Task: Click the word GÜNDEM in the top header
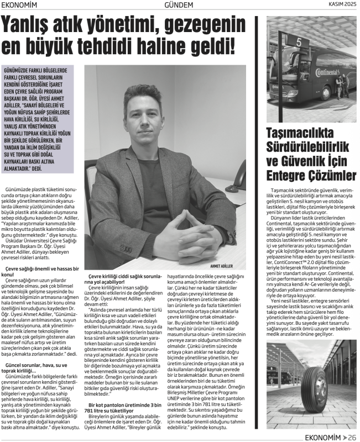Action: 180,6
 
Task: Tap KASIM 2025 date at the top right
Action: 340,6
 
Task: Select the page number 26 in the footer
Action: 351,436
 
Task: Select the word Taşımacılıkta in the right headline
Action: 299,133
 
